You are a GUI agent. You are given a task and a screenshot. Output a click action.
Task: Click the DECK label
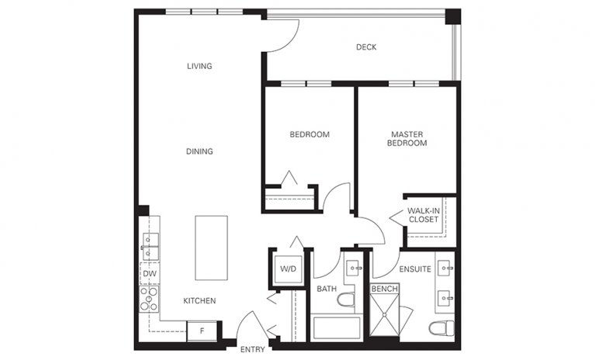click(366, 47)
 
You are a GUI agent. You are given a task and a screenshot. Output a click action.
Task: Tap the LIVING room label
click(199, 66)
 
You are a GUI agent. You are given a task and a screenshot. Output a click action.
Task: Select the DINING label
click(199, 151)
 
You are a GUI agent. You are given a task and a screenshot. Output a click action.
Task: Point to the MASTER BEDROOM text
click(408, 139)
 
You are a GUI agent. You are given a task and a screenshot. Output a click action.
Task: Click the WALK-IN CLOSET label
click(423, 215)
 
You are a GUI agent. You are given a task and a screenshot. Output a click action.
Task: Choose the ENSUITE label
click(415, 271)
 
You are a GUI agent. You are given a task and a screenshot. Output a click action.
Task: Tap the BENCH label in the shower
click(384, 289)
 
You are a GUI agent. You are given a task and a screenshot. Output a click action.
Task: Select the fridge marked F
click(202, 331)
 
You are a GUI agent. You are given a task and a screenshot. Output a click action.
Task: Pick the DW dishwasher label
click(149, 274)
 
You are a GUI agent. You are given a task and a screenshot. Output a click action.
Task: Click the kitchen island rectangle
click(211, 247)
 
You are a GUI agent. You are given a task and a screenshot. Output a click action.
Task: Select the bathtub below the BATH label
click(337, 327)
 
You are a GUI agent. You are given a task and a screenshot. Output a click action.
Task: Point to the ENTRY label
click(253, 350)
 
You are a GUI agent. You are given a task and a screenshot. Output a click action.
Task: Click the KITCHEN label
click(199, 300)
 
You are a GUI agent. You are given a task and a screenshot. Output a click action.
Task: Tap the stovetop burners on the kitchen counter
click(149, 298)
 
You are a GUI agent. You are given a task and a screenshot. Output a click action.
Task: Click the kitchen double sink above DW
click(149, 245)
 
